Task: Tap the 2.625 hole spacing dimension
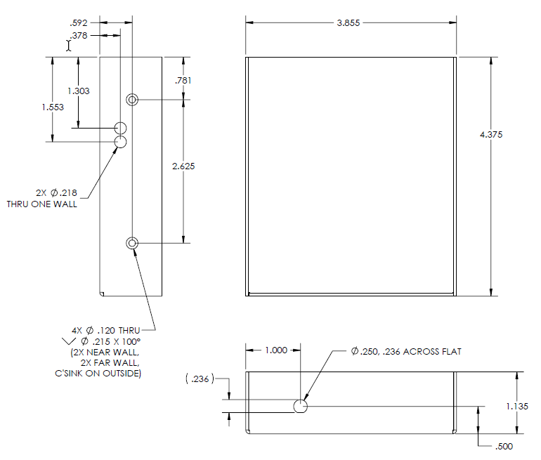tap(183, 166)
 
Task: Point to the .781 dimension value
tap(183, 80)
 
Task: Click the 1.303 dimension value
tap(78, 91)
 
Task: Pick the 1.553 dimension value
tap(53, 107)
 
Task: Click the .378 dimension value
tap(79, 34)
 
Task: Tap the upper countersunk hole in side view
tap(131, 99)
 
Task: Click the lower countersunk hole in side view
tap(131, 243)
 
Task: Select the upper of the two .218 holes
tap(121, 128)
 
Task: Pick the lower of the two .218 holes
tap(121, 141)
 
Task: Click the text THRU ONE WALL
tap(42, 204)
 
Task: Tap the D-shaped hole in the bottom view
tap(300, 405)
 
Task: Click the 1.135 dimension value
tap(517, 405)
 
